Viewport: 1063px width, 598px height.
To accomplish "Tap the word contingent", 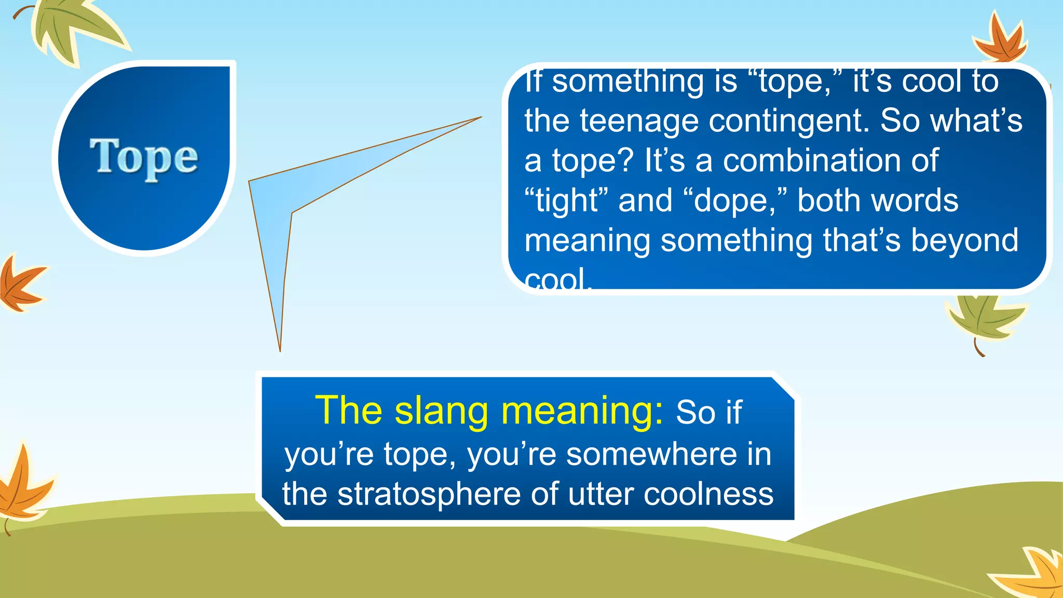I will click(789, 120).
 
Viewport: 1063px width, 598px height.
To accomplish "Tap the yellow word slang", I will click(441, 411).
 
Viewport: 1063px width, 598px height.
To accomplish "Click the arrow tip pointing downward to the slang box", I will click(280, 348).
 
